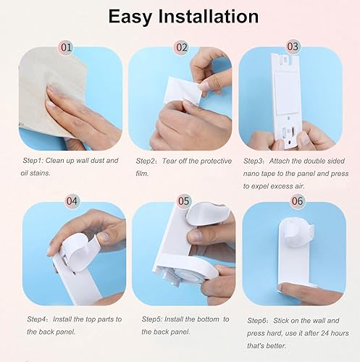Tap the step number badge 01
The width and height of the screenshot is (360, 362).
[67, 48]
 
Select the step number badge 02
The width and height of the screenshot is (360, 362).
[182, 48]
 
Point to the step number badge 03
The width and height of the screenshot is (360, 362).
[293, 46]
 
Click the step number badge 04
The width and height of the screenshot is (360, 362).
[72, 201]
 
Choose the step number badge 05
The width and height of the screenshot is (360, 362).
[184, 201]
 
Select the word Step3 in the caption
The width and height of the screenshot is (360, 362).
[256, 160]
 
